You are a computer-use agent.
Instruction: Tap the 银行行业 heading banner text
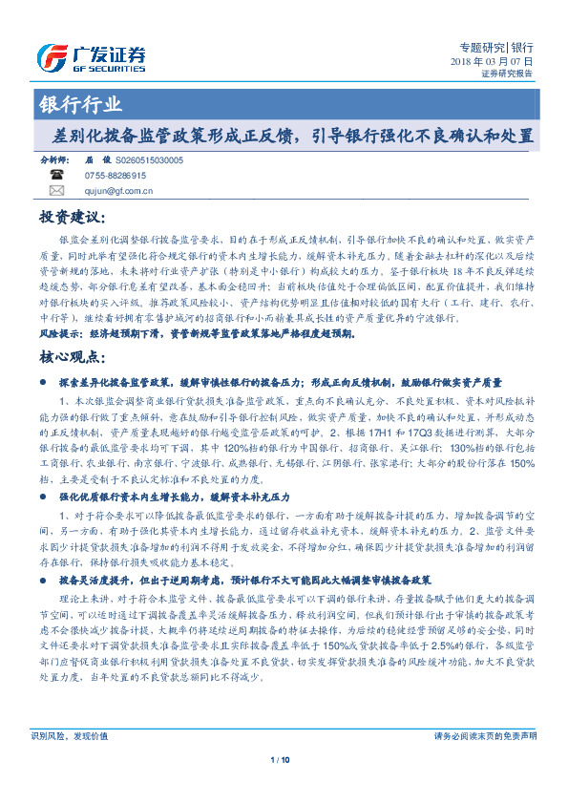[x=80, y=105]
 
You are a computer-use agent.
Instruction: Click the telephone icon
[x=56, y=176]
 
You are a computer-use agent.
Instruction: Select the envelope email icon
[x=56, y=190]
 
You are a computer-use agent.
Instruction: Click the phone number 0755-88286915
[x=116, y=176]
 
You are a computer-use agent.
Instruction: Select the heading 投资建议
[x=69, y=219]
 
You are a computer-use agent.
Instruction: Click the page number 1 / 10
[x=283, y=786]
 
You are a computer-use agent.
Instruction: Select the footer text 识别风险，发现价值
[x=70, y=762]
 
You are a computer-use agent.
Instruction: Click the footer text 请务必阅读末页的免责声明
[x=485, y=762]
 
